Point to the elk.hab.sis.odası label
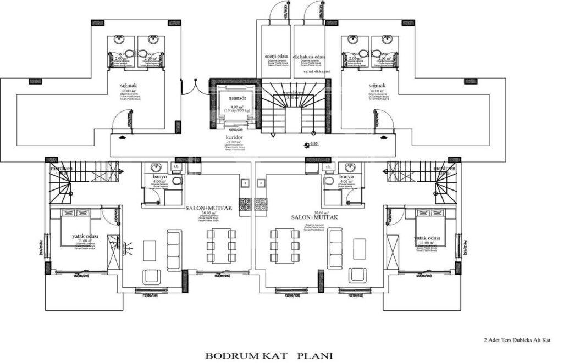click(310, 57)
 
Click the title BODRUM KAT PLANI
click(269, 355)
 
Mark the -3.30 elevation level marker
click(312, 144)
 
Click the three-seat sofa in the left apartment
click(174, 250)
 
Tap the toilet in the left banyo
click(176, 182)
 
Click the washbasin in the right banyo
click(346, 167)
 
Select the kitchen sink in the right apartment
click(261, 183)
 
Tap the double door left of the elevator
click(194, 87)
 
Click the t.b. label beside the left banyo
click(177, 167)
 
